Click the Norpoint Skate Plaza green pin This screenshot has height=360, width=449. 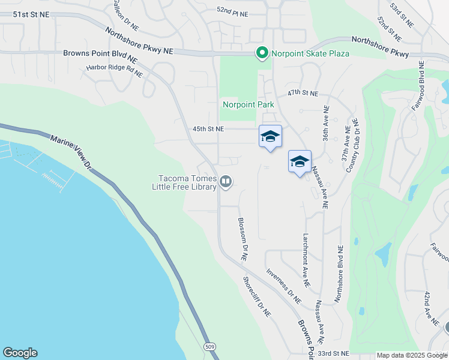262,53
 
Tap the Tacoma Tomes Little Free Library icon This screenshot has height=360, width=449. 226,181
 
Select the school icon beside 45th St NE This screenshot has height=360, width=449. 270,137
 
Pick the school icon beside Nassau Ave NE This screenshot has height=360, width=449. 300,162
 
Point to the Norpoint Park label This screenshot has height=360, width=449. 249,104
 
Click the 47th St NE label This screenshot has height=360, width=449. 303,94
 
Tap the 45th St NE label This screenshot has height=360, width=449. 208,128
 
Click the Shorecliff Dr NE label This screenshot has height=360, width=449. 257,296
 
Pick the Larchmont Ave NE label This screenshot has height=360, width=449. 306,259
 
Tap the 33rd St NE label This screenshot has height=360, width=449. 334,353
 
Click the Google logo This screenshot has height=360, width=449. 20,353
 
